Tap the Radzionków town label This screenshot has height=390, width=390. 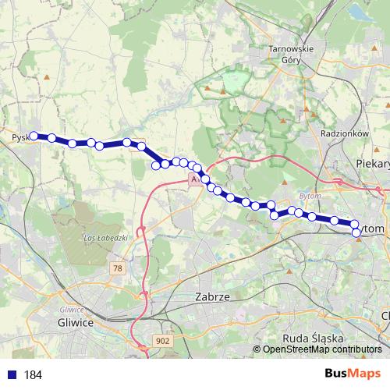coord(343,133)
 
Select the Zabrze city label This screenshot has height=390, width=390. coord(211,298)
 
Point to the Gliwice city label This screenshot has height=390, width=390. coord(76,321)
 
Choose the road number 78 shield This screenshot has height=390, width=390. coord(118,268)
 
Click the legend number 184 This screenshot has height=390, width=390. coord(33,375)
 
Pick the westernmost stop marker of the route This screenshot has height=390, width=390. coord(34,136)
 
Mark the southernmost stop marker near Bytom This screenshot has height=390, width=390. coord(357,232)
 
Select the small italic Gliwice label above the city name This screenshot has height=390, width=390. coord(74,309)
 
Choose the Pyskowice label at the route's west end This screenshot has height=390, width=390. coord(19,138)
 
